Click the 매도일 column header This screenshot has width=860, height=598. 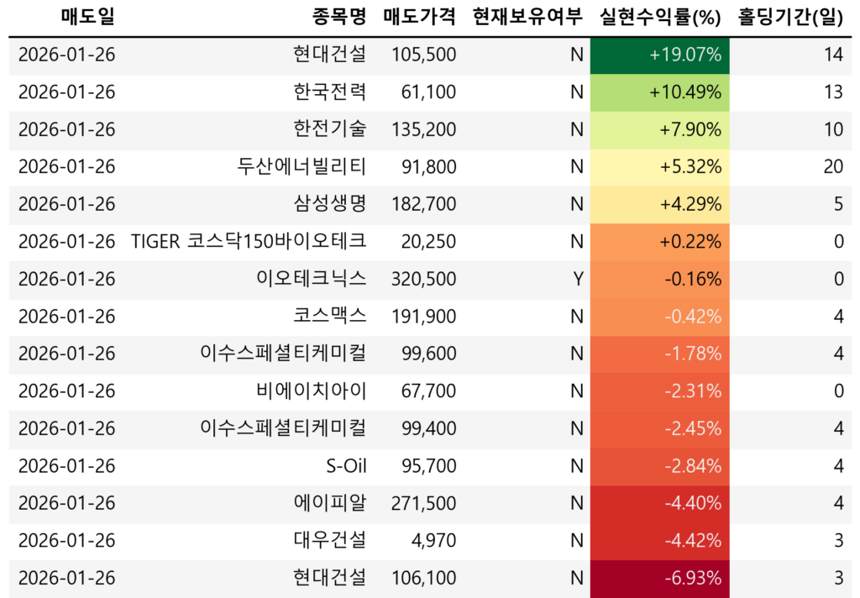[88, 16]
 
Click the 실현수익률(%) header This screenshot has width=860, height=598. [661, 16]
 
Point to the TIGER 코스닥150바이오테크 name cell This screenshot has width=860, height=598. [249, 242]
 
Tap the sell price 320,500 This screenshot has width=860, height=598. [424, 280]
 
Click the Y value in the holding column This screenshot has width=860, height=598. [577, 280]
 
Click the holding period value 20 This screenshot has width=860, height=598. [832, 167]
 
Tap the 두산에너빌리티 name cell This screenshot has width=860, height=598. [302, 167]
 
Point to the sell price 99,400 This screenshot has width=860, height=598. [428, 428]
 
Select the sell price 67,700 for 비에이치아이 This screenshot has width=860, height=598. [428, 391]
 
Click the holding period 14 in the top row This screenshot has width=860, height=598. [833, 55]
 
